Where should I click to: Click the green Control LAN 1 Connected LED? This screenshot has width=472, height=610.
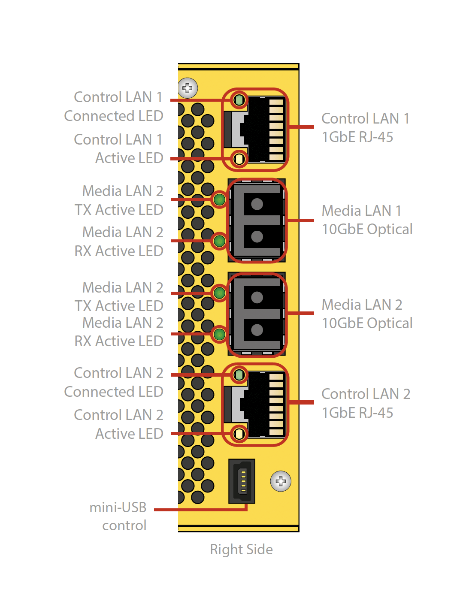click(x=239, y=100)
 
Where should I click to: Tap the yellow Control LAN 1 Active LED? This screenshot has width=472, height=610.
click(x=239, y=159)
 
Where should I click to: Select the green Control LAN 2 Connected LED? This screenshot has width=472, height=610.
click(x=239, y=375)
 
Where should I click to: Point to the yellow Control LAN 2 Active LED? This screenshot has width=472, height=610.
click(x=239, y=434)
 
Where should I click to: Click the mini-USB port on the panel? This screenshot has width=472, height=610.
click(x=242, y=481)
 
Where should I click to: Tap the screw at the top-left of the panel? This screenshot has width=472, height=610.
click(x=188, y=88)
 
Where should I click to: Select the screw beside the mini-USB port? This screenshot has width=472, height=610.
click(x=281, y=481)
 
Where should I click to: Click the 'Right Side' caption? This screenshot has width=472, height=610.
click(x=241, y=550)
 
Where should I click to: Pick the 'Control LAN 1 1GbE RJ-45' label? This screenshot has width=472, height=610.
click(x=365, y=128)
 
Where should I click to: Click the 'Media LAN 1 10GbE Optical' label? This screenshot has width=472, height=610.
click(x=367, y=220)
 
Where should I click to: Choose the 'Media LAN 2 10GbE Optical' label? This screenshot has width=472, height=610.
click(x=367, y=314)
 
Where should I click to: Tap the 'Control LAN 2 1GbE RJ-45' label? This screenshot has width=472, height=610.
click(x=366, y=403)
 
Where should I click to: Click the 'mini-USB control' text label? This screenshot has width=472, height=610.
click(x=118, y=516)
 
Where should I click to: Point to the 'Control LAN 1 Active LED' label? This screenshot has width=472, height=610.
click(x=118, y=149)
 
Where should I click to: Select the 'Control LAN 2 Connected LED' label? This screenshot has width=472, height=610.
click(x=114, y=382)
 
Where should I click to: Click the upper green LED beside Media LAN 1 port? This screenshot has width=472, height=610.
click(x=219, y=199)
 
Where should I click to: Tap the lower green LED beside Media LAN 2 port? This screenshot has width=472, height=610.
click(x=219, y=334)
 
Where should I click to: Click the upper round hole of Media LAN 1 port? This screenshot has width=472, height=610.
click(x=257, y=204)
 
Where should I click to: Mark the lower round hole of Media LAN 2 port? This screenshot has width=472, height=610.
click(x=257, y=330)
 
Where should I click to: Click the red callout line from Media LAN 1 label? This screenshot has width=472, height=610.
click(x=301, y=220)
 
